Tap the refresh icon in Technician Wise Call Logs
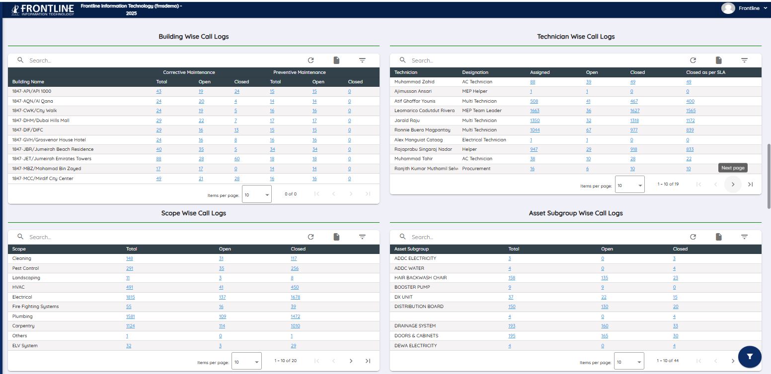[693, 61]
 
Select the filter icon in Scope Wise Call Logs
[362, 237]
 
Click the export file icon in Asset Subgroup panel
[718, 237]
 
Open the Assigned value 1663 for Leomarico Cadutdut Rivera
[535, 111]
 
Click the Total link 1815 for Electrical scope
[130, 297]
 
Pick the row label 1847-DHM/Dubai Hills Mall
[41, 121]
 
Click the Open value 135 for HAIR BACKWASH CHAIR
[605, 278]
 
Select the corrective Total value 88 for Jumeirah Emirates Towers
[158, 159]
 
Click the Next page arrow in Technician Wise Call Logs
[733, 185]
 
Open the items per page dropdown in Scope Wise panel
[246, 362]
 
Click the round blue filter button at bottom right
[750, 356]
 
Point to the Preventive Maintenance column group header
[300, 72]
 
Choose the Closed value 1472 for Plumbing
[295, 316]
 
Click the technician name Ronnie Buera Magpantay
[422, 130]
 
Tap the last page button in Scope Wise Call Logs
[368, 361]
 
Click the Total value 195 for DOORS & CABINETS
[512, 336]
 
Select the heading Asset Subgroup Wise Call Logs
[576, 213]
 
